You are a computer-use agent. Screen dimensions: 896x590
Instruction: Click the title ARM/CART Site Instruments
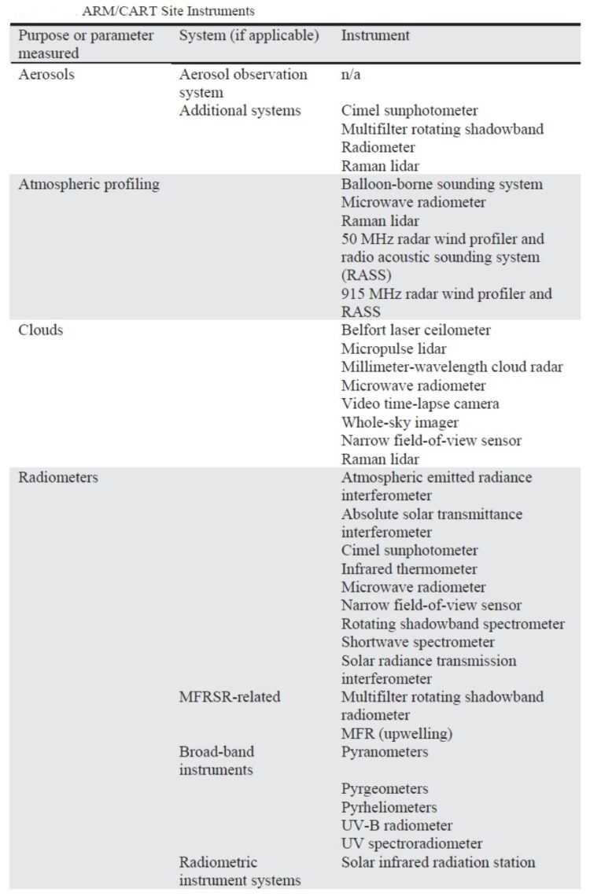tap(168, 11)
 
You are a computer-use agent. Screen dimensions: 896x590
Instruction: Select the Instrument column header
tap(375, 35)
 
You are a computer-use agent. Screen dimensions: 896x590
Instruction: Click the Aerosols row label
tap(46, 75)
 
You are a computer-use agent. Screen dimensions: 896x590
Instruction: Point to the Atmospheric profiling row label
tap(89, 184)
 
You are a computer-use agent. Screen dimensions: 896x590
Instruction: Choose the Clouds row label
tap(41, 330)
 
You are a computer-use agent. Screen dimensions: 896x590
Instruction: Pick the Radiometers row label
tap(58, 477)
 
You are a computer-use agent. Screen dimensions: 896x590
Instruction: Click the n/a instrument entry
tap(351, 75)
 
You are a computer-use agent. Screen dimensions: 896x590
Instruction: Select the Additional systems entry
tap(240, 111)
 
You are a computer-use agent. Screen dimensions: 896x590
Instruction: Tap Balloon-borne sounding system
tap(441, 184)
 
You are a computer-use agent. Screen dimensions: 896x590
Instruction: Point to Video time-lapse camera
tap(420, 404)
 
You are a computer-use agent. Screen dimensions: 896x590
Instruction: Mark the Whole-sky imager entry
tap(400, 422)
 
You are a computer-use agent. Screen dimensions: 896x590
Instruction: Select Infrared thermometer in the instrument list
tap(409, 569)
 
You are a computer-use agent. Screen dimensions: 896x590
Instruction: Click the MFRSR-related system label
tap(230, 697)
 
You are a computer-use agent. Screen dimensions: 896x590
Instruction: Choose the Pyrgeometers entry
tap(384, 789)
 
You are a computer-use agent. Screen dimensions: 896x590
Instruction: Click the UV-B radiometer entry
tap(396, 825)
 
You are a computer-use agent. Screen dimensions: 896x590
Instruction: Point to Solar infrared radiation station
tap(438, 862)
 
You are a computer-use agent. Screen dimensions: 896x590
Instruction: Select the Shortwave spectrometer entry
tap(418, 642)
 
